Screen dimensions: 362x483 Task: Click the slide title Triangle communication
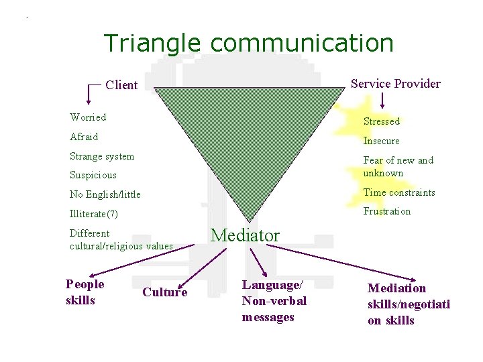[248, 44]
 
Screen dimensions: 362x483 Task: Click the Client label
[121, 85]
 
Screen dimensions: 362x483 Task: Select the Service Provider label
[396, 84]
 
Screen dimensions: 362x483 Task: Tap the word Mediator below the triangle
[245, 235]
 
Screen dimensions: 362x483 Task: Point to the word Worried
[88, 117]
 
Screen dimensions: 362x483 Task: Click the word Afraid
[84, 137]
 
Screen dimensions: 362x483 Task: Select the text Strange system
[102, 156]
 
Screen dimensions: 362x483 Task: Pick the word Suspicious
[93, 175]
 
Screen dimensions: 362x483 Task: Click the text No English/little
[105, 194]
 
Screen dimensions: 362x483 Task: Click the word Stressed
[381, 121]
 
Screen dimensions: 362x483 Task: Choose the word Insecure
[381, 141]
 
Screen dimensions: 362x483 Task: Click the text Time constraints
[399, 192]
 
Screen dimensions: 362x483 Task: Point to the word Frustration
[387, 211]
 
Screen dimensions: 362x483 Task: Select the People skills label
[85, 292]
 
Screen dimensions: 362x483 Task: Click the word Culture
[165, 292]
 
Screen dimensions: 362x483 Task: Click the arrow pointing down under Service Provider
[382, 101]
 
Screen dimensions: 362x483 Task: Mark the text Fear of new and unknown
[398, 166]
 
